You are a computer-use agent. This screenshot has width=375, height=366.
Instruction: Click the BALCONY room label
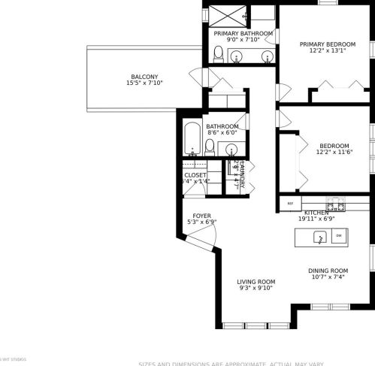pos(144,77)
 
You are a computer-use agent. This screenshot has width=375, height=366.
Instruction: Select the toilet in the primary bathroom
pos(218,53)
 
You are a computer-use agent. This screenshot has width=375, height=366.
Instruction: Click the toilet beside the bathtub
pos(210,146)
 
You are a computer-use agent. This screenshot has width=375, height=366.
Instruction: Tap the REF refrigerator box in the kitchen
pos(289,203)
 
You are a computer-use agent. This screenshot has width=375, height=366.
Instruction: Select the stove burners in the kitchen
pos(335,204)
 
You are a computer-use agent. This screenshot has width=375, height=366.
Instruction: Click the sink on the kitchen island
pos(319,237)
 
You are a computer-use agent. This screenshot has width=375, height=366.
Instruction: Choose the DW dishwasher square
pos(339,237)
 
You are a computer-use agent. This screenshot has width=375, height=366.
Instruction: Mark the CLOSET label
pos(195,175)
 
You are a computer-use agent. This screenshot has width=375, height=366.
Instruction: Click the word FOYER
pos(201,215)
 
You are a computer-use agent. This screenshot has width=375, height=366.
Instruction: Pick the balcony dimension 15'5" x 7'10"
pos(144,83)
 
